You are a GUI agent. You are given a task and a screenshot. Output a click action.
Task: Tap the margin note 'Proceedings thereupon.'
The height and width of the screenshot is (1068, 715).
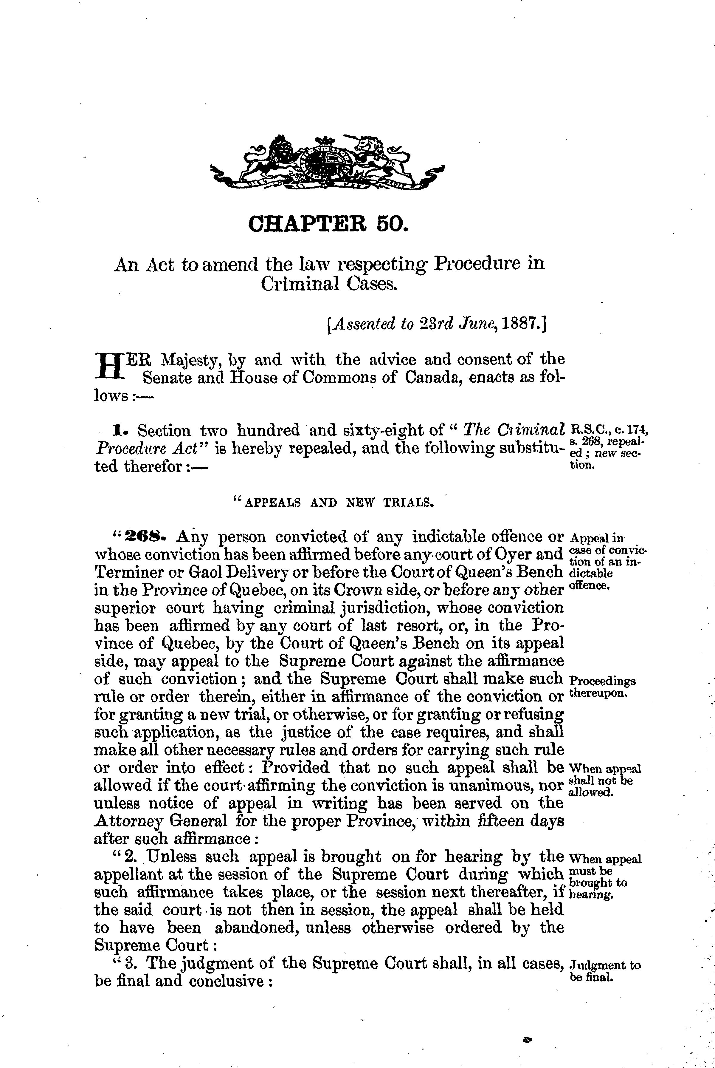(602, 686)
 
